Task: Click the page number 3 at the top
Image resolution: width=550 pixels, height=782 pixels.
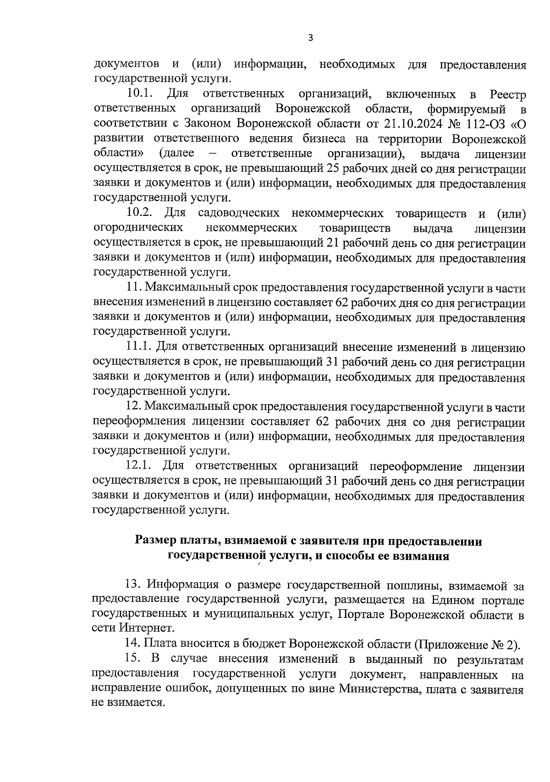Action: pos(310,39)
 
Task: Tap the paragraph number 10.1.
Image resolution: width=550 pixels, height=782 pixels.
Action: pos(139,94)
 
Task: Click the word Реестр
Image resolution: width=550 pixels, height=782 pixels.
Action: pos(507,94)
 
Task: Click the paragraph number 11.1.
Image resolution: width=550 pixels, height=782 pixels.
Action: pos(139,347)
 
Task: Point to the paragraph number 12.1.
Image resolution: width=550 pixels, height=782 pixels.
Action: pos(139,466)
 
